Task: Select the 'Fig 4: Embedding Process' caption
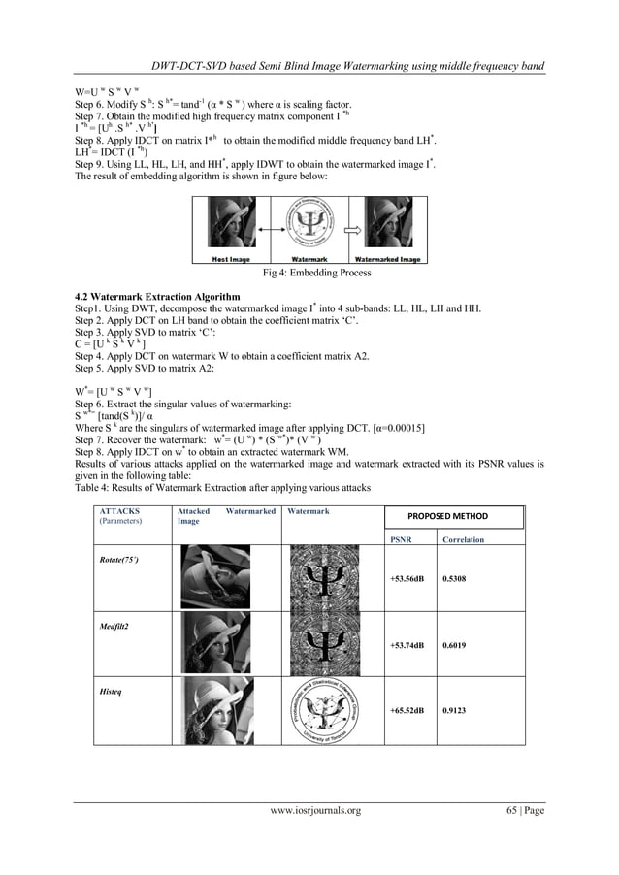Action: [310, 274]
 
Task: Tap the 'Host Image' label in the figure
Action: [234, 259]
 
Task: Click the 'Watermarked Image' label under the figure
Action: [388, 259]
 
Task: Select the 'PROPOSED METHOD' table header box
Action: [447, 516]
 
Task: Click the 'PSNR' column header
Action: [400, 539]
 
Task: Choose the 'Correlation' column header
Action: [463, 539]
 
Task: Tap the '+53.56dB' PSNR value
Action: [407, 579]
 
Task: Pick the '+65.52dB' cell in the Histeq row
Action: [407, 710]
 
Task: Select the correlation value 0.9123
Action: [456, 710]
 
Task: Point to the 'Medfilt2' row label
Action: [114, 626]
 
